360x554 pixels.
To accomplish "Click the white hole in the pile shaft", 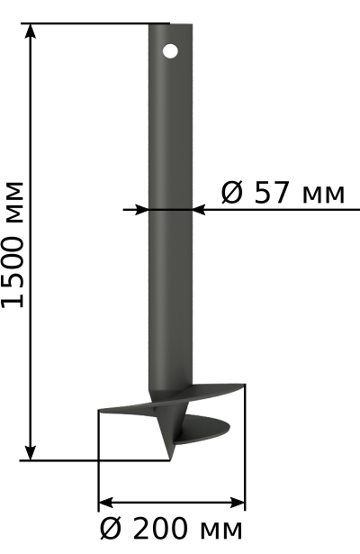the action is [x=170, y=51].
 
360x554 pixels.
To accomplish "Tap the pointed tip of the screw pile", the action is [x=170, y=460].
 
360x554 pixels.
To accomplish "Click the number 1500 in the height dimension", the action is [x=13, y=271].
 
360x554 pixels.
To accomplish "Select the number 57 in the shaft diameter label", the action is [x=272, y=193].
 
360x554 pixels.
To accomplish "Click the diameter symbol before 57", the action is [x=232, y=193].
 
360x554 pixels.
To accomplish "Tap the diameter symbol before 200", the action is [x=112, y=529].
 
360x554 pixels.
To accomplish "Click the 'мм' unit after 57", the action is [x=323, y=195].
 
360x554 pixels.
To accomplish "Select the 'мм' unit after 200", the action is [x=221, y=531].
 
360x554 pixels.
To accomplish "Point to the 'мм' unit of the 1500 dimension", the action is [x=14, y=202].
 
